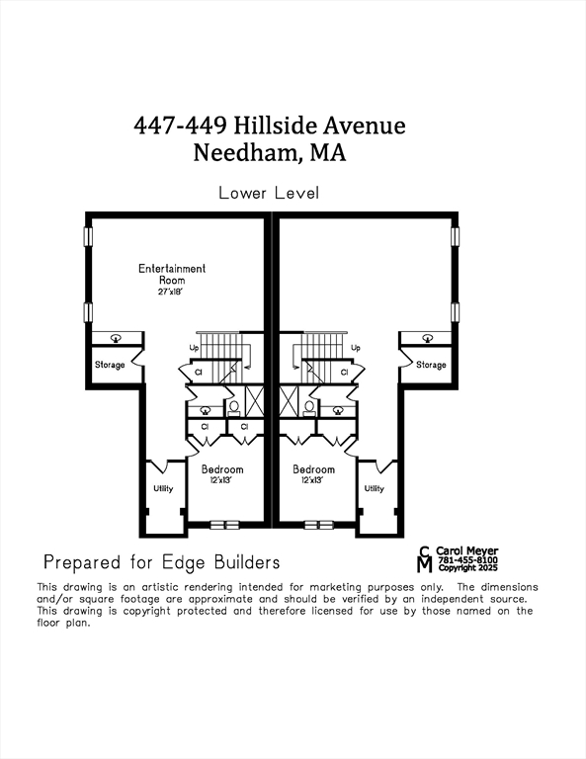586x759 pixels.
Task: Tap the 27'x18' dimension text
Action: [x=172, y=292]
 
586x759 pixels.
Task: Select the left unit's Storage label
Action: [x=110, y=365]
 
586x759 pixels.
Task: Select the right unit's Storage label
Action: [x=431, y=365]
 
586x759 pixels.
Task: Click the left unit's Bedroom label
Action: [x=222, y=469]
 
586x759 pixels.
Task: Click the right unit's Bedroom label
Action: [x=313, y=469]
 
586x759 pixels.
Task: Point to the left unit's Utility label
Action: [x=163, y=488]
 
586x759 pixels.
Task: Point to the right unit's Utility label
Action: [x=374, y=488]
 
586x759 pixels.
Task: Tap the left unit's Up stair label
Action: [x=195, y=348]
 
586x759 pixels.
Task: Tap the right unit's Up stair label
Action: [x=356, y=348]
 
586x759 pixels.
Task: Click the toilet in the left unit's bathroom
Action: [x=234, y=406]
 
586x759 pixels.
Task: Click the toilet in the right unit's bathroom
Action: [x=309, y=406]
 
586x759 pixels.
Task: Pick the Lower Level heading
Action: [x=269, y=193]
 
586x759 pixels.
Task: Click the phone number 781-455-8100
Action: [x=468, y=560]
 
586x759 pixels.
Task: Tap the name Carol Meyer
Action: [x=467, y=550]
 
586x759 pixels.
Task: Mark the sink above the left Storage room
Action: [x=116, y=337]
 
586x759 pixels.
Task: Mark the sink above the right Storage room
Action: [x=427, y=337]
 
